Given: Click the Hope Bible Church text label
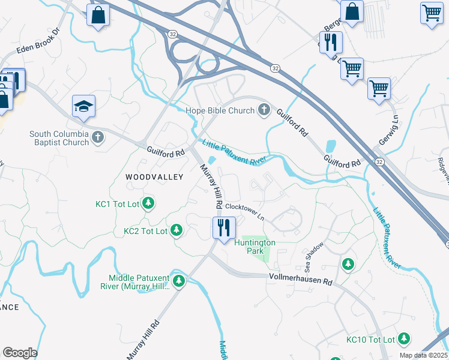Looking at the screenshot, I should (220, 110).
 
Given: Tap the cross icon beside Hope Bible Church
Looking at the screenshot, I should (264, 110).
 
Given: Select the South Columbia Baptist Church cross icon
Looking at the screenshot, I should (98, 138).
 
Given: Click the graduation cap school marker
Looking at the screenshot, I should (83, 107).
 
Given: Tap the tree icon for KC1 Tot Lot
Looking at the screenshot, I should (148, 204).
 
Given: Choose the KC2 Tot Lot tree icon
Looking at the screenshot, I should (176, 230).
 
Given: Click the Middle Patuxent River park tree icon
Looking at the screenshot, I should (178, 281).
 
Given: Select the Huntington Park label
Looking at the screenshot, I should (255, 247).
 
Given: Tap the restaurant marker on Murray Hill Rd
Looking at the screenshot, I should (223, 227).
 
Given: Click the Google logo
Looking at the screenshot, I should (20, 353).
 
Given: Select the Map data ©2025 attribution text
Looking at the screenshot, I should (423, 355).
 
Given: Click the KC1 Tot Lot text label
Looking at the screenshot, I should (117, 205).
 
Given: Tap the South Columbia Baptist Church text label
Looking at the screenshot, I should (59, 138).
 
